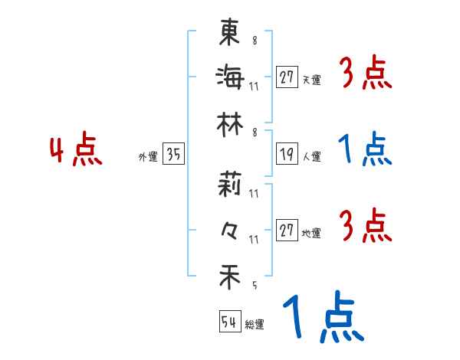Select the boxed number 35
click(x=173, y=155)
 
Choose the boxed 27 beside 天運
click(x=287, y=77)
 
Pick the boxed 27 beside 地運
click(x=287, y=231)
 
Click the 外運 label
click(x=147, y=157)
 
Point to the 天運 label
click(x=311, y=80)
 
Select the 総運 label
click(x=255, y=324)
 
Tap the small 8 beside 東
click(x=254, y=41)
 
